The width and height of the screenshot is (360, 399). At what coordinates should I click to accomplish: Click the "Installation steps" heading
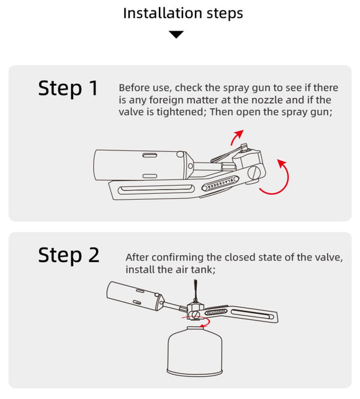(183, 13)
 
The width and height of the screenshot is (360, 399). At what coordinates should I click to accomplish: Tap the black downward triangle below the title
(176, 34)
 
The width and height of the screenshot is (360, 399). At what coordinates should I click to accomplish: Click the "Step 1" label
(68, 88)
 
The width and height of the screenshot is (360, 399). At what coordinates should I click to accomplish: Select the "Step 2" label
(68, 255)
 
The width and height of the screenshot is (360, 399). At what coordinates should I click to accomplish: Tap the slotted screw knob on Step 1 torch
(256, 173)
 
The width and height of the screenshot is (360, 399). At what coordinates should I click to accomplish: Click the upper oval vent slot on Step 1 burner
(149, 155)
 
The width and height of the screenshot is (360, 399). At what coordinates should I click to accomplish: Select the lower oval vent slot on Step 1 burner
(150, 176)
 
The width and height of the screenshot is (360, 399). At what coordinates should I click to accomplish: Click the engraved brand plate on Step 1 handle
(220, 184)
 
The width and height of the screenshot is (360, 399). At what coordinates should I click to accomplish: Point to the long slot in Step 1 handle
(156, 189)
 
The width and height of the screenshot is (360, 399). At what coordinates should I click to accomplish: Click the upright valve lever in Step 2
(195, 290)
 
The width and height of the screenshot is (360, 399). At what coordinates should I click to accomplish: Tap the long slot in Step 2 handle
(253, 313)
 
